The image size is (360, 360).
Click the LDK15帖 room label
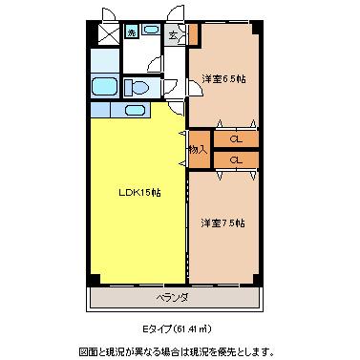(139, 193)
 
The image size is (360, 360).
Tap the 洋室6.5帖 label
(223, 79)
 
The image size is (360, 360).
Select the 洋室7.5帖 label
(222, 223)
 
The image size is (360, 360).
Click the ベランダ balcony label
(173, 298)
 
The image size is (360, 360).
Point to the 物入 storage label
(198, 150)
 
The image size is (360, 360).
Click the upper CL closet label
(236, 139)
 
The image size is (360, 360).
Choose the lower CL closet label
(236, 159)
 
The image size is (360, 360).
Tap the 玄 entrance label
(173, 35)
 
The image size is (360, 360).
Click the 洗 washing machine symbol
(131, 32)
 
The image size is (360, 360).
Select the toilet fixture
(137, 87)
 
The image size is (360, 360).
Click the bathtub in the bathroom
(104, 86)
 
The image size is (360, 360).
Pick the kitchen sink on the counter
(135, 110)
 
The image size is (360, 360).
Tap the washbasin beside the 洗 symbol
(150, 31)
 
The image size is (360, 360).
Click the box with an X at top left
(109, 33)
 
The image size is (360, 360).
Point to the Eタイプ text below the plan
(157, 328)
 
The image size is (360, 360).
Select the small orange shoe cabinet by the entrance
(194, 34)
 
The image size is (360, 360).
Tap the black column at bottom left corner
(94, 279)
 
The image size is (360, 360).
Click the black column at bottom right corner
(258, 279)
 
